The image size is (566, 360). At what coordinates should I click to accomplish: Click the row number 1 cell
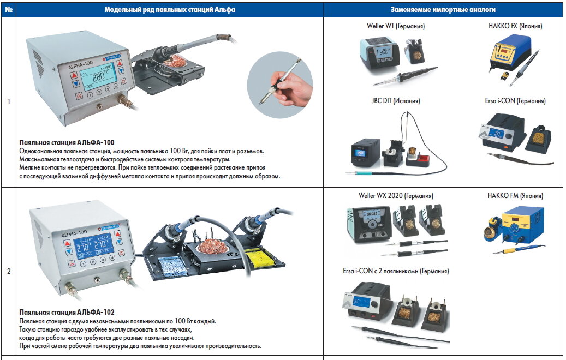8,102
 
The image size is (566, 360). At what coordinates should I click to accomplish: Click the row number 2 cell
8,271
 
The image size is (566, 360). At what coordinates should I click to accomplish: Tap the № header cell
9,9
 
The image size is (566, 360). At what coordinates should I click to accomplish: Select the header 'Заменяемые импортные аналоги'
443,10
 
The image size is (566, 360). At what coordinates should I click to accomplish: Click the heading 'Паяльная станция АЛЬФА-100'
67,142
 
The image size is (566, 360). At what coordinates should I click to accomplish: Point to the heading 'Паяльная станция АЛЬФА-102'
67,312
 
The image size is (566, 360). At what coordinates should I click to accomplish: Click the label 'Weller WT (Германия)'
396,26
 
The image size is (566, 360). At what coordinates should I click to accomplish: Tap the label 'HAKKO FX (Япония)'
515,26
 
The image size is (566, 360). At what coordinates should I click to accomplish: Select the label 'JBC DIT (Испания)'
396,101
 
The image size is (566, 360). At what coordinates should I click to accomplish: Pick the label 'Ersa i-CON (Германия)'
515,101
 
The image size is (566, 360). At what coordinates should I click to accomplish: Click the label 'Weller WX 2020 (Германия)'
396,195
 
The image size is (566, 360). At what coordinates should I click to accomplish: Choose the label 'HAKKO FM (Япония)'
515,195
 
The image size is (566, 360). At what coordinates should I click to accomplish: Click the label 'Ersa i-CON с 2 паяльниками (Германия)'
396,271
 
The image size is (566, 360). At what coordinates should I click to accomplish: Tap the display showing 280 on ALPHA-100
98,76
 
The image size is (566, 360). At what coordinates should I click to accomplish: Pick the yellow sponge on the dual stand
259,258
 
